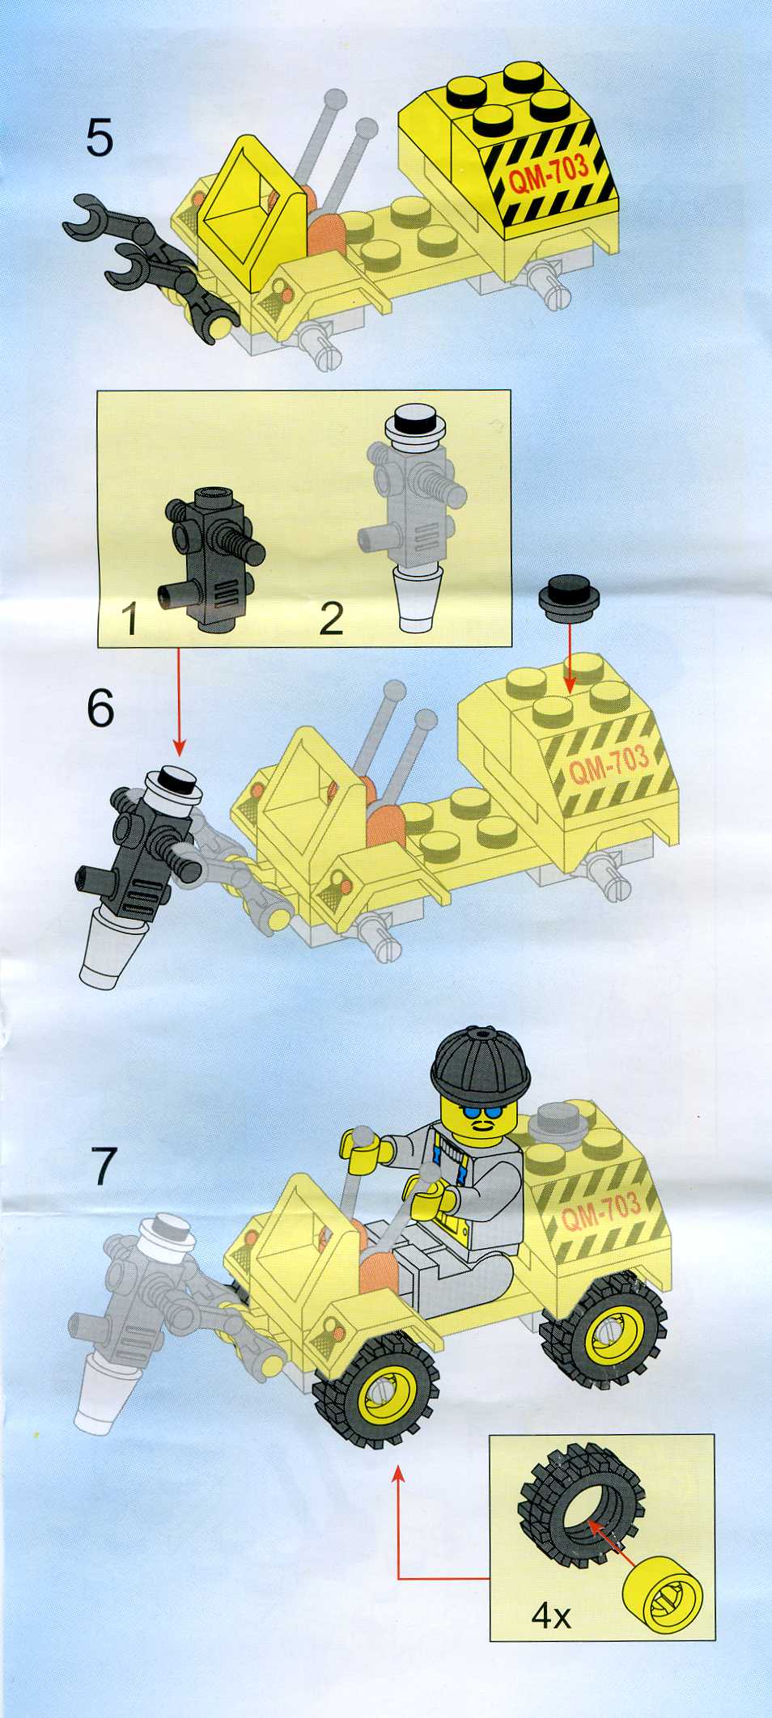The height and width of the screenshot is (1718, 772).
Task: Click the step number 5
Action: click(x=100, y=138)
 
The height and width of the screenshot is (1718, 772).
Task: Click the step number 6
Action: click(x=100, y=709)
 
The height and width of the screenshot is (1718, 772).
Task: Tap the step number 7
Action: click(x=104, y=1166)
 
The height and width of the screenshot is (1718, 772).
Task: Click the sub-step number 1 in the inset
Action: click(x=129, y=618)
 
